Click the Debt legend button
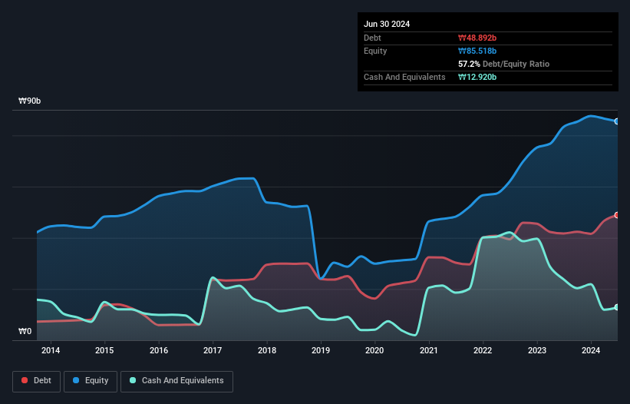[35, 380]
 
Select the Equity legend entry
[90, 380]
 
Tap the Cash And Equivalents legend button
[176, 380]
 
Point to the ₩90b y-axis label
[30, 101]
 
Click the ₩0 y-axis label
[25, 332]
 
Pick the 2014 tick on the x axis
[51, 351]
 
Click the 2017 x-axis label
[213, 351]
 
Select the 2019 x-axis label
[321, 351]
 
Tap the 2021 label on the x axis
[429, 351]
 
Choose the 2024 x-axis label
[591, 351]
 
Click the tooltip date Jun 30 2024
[387, 24]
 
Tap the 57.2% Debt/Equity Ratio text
[503, 64]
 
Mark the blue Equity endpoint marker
[617, 121]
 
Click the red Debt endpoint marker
[617, 215]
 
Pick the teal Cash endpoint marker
[617, 307]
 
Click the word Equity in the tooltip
[375, 51]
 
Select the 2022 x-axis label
[483, 351]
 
